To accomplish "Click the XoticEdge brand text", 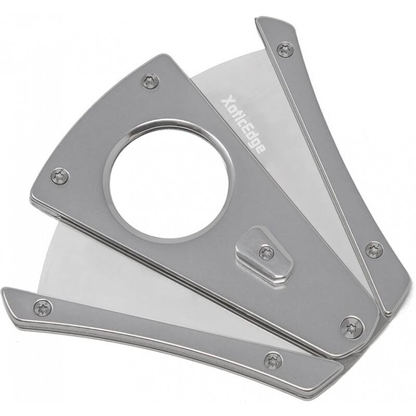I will click(x=242, y=124).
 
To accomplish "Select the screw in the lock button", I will click(x=266, y=253).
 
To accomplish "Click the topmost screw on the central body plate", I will click(x=151, y=81).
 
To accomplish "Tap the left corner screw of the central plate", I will click(x=60, y=176).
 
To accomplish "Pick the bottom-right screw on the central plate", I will click(x=352, y=327).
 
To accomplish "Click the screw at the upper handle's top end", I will click(x=285, y=49).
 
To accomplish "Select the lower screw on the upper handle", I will click(x=373, y=250).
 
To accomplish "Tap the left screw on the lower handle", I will click(x=43, y=307).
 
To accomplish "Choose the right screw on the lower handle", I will click(x=273, y=360).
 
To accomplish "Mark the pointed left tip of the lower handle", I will click(x=6, y=292).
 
